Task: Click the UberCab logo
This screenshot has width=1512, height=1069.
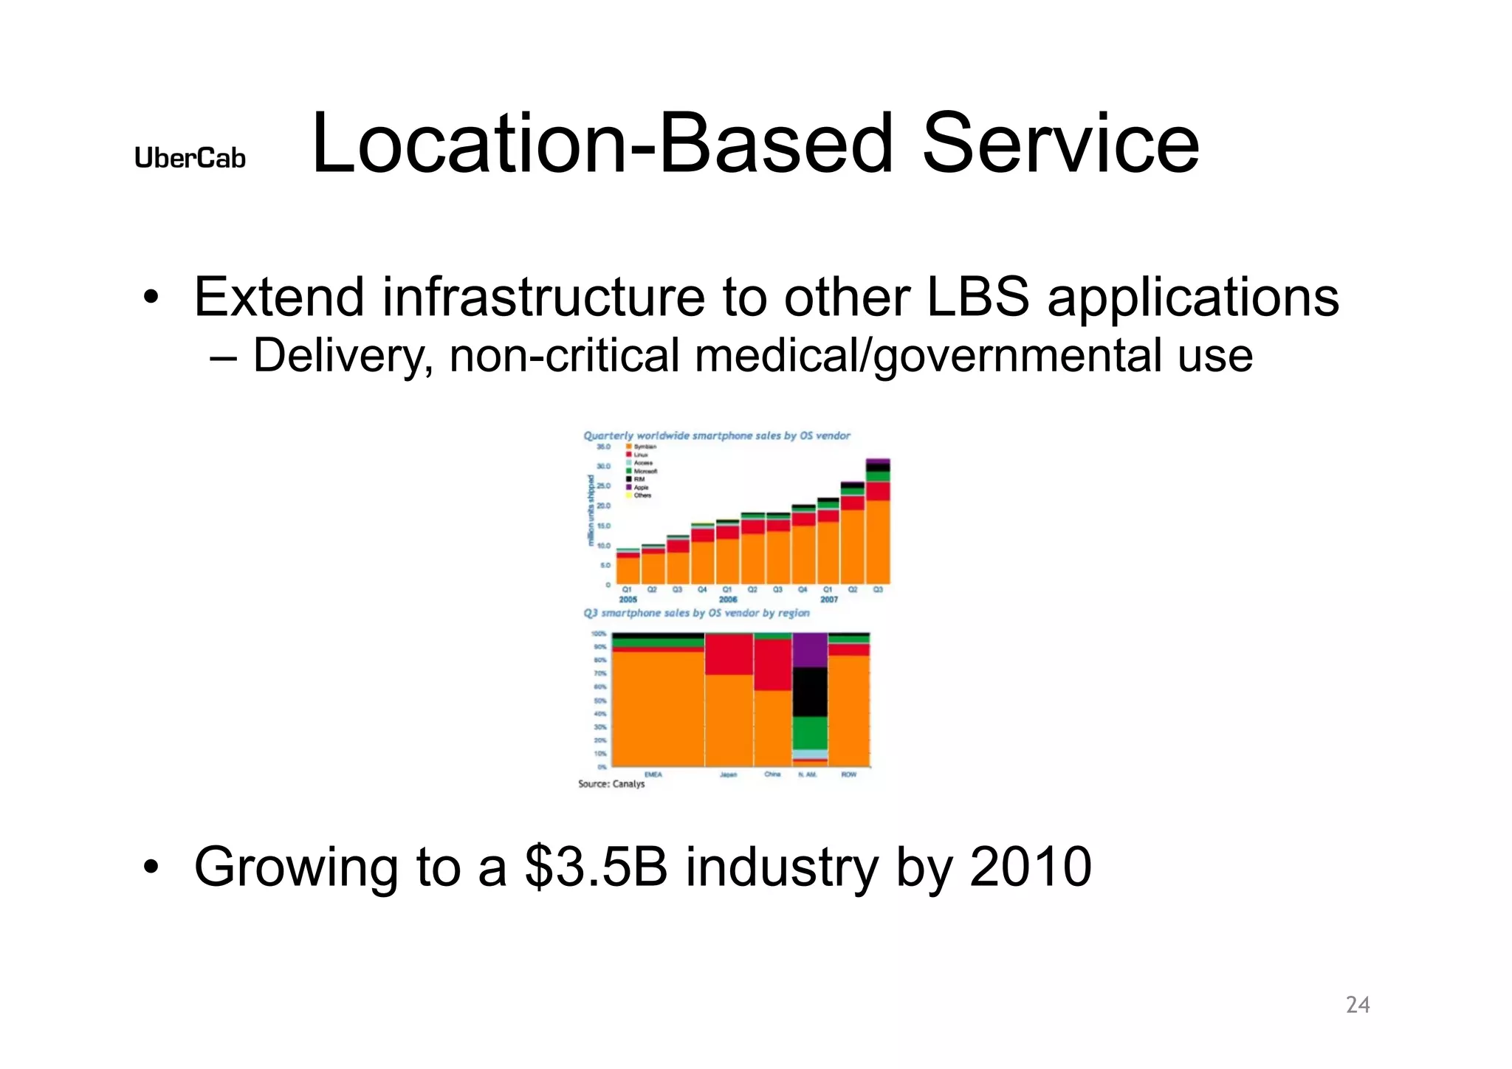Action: point(190,158)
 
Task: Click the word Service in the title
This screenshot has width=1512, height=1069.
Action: point(1060,144)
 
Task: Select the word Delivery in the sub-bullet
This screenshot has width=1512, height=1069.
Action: point(341,356)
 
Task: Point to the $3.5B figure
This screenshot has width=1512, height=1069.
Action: point(597,867)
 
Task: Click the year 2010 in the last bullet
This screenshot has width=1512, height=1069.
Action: point(1031,867)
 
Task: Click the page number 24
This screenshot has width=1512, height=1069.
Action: point(1358,1005)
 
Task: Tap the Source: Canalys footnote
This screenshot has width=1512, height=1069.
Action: point(611,784)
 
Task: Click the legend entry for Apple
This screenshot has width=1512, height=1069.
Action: point(640,487)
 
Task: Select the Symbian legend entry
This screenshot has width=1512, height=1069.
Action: point(644,447)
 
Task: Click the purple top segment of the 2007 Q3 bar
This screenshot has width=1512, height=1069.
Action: point(878,461)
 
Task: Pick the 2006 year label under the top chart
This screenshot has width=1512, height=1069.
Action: point(728,599)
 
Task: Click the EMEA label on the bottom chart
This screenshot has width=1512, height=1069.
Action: point(653,774)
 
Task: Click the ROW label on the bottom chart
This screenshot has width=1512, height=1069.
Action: point(849,774)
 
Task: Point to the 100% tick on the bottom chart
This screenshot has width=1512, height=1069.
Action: point(599,633)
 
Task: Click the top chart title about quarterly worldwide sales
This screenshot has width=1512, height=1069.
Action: point(717,436)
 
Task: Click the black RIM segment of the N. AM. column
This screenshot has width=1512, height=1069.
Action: point(810,692)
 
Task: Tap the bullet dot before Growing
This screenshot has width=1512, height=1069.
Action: point(151,868)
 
